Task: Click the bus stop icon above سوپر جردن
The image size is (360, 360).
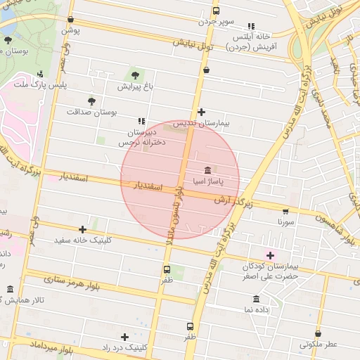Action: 216,11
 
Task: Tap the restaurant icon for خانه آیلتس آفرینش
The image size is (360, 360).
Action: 252,26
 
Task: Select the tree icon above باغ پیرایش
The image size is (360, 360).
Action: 134,75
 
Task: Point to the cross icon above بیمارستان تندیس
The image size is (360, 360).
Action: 201,112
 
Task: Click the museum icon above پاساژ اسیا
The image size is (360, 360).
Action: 209,170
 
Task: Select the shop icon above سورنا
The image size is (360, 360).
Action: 285,210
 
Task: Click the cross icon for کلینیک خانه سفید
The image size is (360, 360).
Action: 83,229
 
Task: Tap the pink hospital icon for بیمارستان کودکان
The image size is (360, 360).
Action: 271,255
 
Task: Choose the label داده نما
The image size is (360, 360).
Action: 257,309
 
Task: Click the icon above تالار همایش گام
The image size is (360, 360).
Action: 10,290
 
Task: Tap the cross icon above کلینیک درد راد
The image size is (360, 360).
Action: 124,337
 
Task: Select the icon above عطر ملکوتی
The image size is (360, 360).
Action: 319,334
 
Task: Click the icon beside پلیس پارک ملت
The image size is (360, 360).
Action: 40,74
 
